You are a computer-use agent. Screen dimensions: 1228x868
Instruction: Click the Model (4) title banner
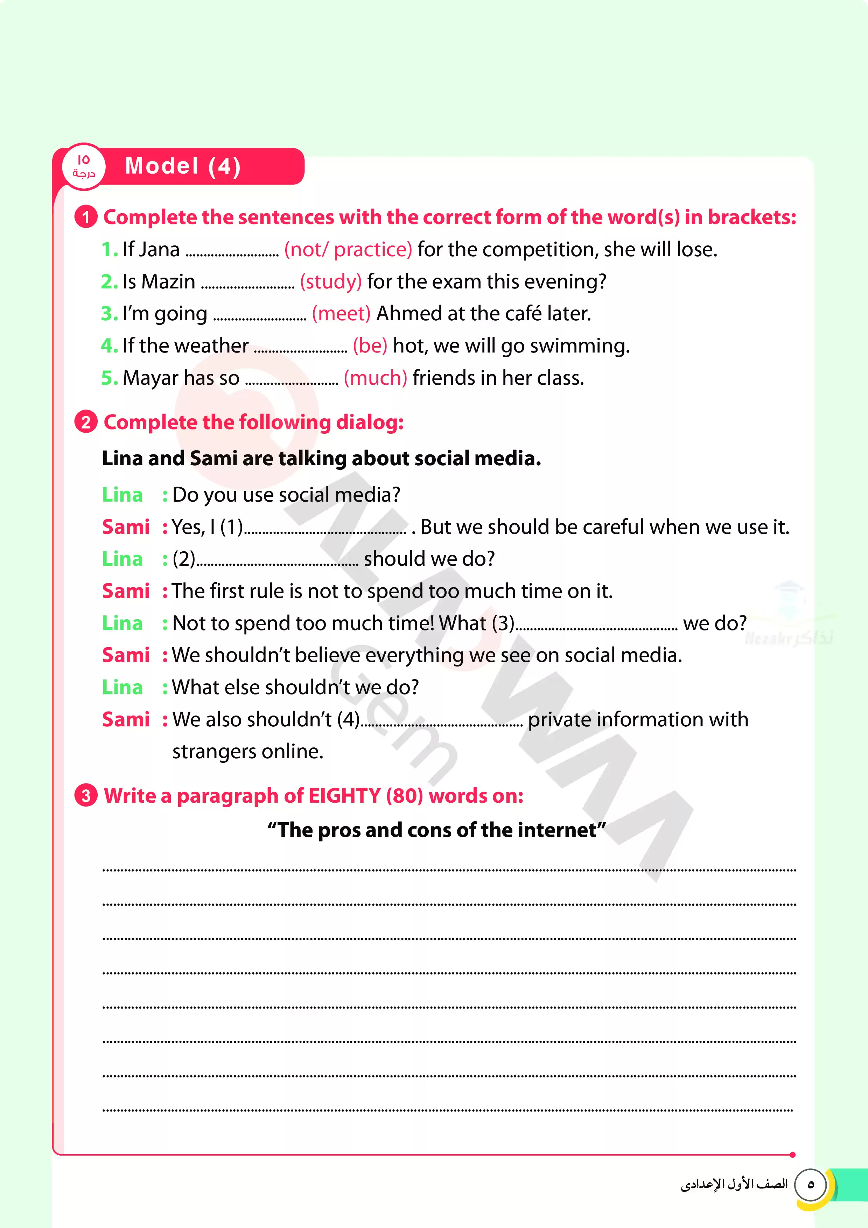(x=183, y=166)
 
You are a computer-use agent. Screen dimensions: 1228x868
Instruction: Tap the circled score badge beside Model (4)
(x=83, y=166)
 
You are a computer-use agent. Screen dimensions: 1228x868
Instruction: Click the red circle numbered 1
(x=85, y=217)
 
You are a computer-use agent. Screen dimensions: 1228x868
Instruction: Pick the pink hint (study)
(x=330, y=282)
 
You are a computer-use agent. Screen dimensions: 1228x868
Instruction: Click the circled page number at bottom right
(x=810, y=1184)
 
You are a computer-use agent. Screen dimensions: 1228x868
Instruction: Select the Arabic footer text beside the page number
(x=734, y=1184)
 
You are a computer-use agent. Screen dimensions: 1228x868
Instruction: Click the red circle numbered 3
(x=85, y=795)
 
